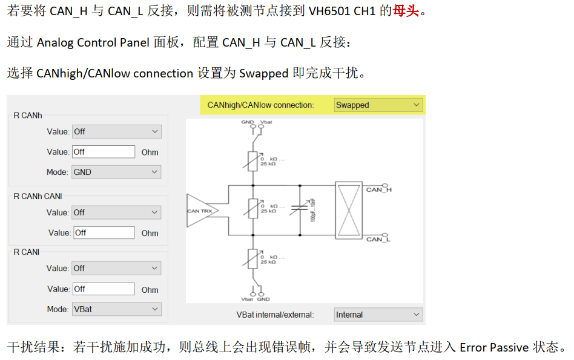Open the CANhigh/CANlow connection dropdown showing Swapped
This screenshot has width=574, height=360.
pyautogui.click(x=378, y=105)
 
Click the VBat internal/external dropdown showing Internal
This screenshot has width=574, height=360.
pyautogui.click(x=378, y=315)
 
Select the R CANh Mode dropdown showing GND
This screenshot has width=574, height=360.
pyautogui.click(x=116, y=172)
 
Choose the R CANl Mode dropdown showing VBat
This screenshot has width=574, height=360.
pyautogui.click(x=116, y=309)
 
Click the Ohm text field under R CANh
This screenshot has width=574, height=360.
pyautogui.click(x=104, y=152)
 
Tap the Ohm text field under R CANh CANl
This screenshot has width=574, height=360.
pyautogui.click(x=104, y=233)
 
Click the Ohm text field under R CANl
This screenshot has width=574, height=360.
pyautogui.click(x=104, y=289)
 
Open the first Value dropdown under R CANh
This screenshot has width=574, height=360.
pyautogui.click(x=116, y=131)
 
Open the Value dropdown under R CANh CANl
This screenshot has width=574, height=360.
pyautogui.click(x=116, y=212)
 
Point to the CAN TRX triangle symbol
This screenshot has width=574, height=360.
pyautogui.click(x=199, y=211)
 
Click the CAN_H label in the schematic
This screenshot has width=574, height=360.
pyautogui.click(x=378, y=190)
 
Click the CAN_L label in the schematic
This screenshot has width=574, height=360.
pyautogui.click(x=378, y=239)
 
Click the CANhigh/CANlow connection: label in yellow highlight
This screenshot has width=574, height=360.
pyautogui.click(x=260, y=105)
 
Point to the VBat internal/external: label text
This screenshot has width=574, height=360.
pyautogui.click(x=275, y=315)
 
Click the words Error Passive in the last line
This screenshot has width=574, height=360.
pyautogui.click(x=494, y=348)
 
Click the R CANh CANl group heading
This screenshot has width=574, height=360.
pyautogui.click(x=38, y=196)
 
